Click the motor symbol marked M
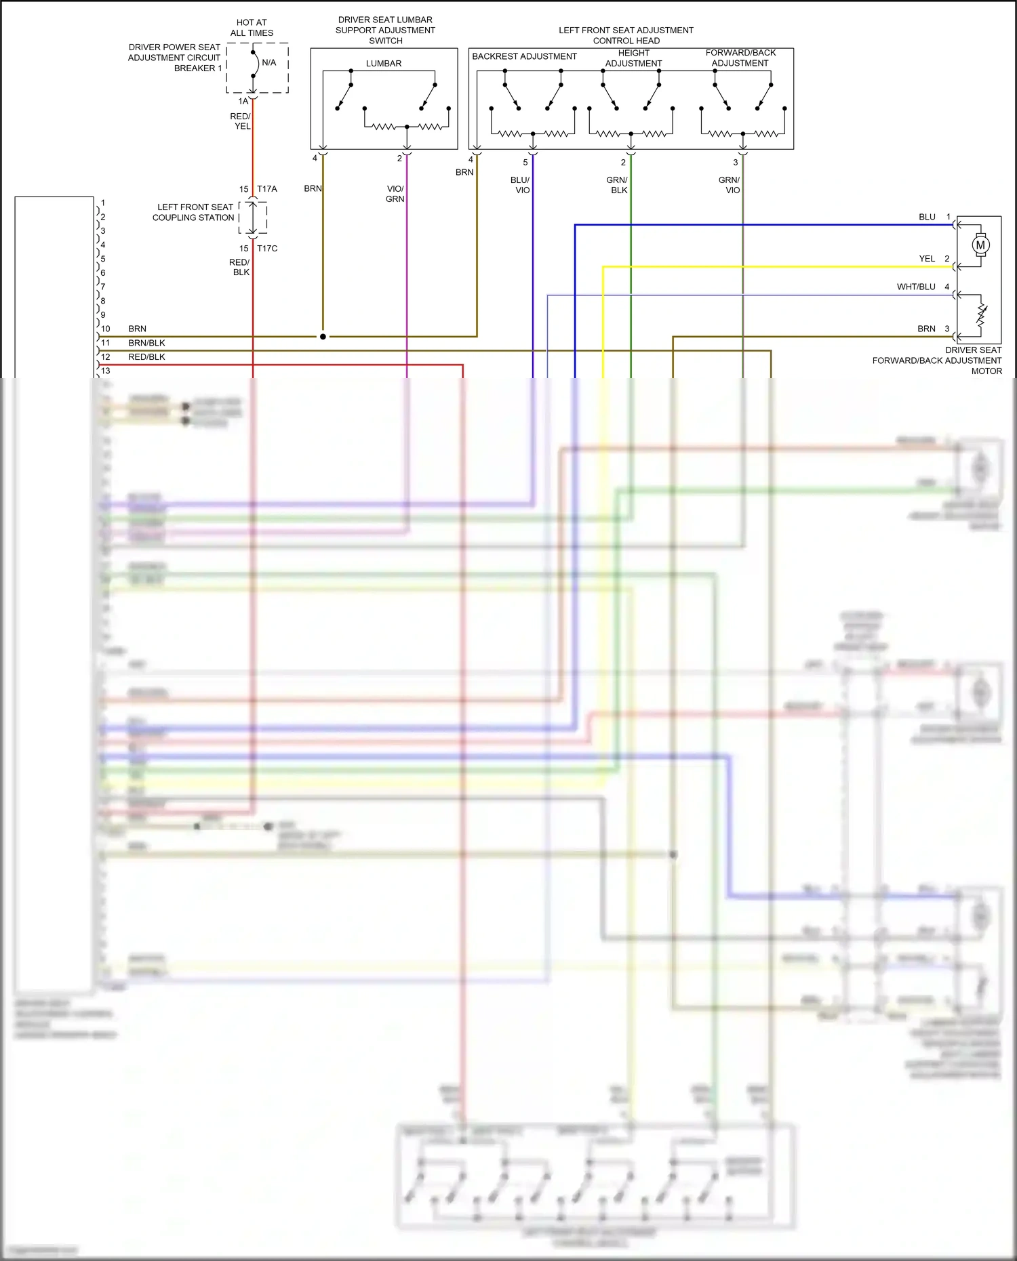tap(980, 245)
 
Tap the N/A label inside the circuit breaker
tap(268, 62)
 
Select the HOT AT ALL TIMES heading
tap(252, 28)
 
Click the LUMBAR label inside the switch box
tap(384, 64)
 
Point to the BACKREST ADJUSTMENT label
tap(524, 56)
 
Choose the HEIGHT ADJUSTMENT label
tap(633, 58)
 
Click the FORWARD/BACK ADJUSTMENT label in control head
tap(740, 58)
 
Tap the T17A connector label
tap(267, 189)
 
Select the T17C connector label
tap(267, 249)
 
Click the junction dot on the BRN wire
tap(323, 336)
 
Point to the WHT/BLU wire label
tap(916, 287)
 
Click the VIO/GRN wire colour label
tap(395, 194)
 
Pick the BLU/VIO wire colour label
tap(521, 185)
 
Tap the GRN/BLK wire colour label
tap(618, 185)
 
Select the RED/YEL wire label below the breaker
tap(241, 121)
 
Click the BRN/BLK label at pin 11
tap(146, 343)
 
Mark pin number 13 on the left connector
tap(106, 371)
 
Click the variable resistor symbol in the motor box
tap(981, 314)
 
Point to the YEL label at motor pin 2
tap(927, 259)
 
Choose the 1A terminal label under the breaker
tap(243, 102)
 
